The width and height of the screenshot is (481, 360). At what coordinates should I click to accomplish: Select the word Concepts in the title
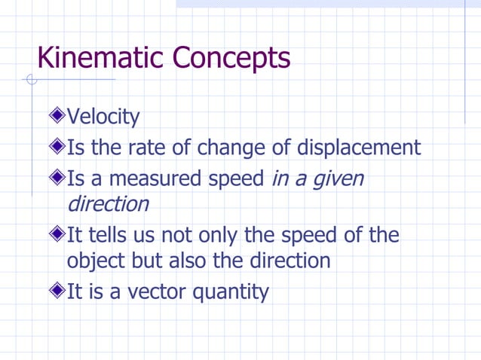pos(231,58)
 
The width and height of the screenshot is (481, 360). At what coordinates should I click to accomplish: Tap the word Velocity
pos(103,117)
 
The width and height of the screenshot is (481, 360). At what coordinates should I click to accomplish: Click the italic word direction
pos(108,204)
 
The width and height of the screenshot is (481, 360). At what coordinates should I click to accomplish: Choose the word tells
pos(107,236)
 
